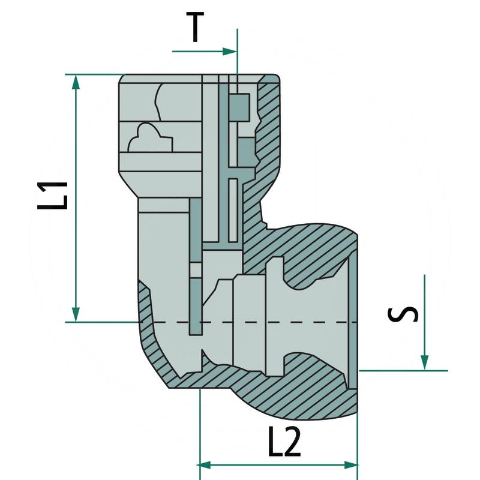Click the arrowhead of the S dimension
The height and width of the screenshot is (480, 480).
(x=424, y=362)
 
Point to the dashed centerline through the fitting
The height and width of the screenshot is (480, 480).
(x=270, y=322)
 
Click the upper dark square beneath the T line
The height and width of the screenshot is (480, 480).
(x=239, y=106)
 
